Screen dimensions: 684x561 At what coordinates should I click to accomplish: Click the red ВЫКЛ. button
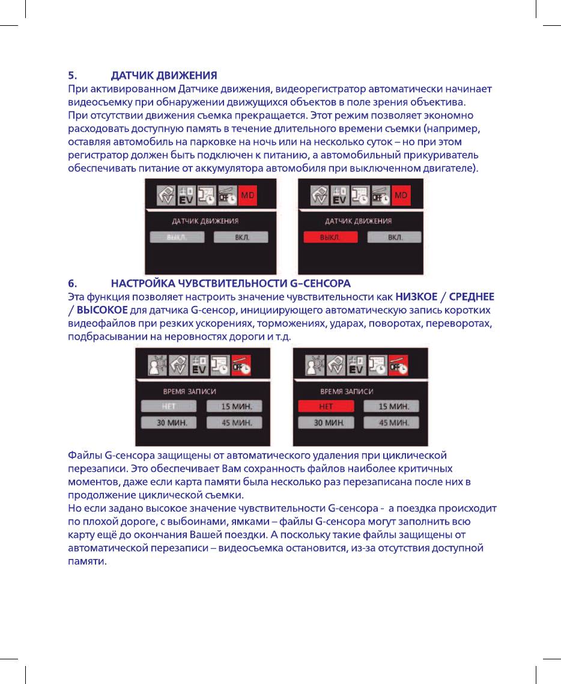[x=330, y=237]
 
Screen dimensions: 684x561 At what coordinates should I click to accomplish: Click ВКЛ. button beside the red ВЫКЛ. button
[x=395, y=237]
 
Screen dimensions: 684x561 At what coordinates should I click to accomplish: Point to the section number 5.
[x=71, y=76]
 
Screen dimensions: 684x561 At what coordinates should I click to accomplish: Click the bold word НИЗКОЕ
[x=416, y=296]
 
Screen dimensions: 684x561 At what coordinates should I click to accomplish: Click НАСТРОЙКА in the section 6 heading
[x=147, y=282]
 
